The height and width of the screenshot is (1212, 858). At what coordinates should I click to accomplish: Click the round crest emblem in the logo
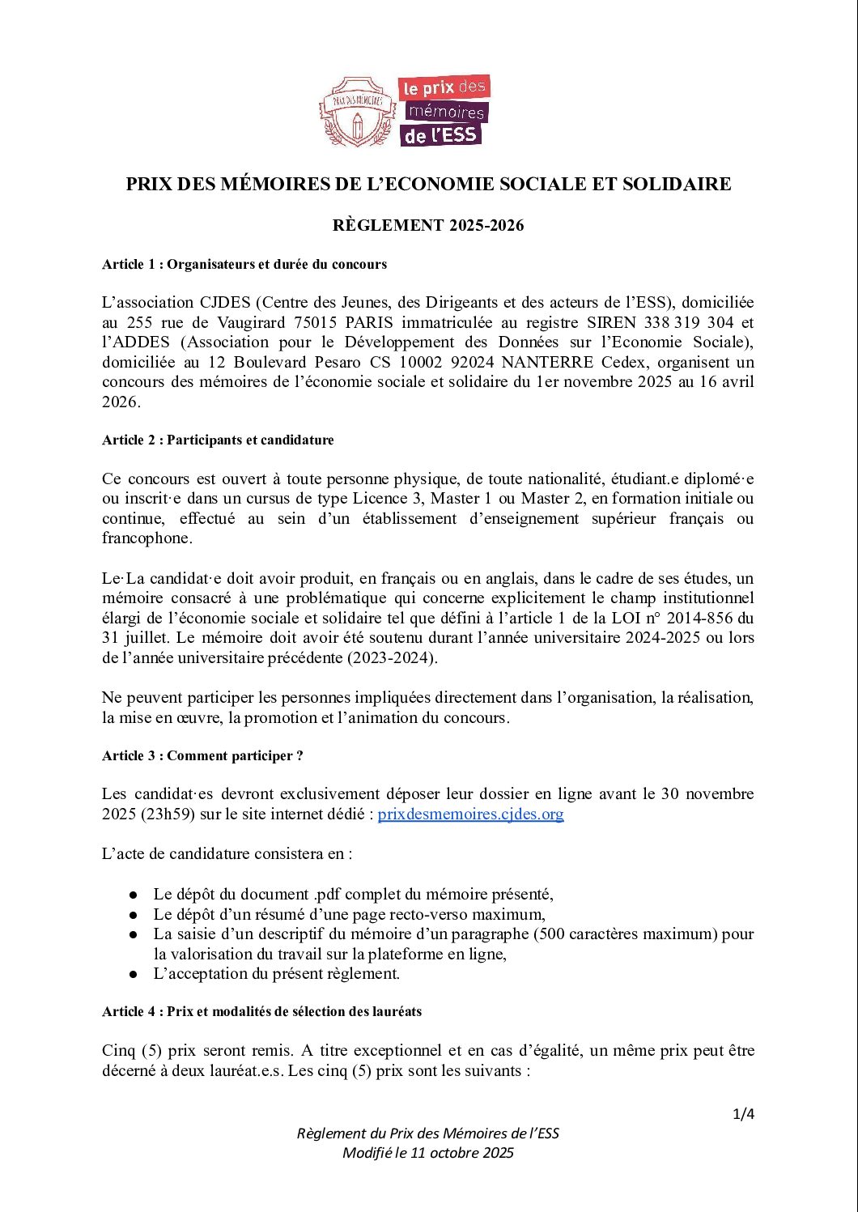coord(357,113)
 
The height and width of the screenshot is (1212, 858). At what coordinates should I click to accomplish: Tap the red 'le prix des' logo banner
coord(444,87)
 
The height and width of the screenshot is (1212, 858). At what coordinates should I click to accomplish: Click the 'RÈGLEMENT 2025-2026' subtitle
coord(428,226)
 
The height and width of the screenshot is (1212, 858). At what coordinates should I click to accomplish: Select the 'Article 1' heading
coord(244,264)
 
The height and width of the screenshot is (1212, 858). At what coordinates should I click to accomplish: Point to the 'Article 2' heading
coord(218,440)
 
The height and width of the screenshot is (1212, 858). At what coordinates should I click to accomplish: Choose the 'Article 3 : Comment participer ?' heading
coord(202,755)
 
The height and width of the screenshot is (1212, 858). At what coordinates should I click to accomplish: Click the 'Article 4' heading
coord(261,1011)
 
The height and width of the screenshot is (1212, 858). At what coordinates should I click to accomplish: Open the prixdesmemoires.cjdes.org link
coord(470,814)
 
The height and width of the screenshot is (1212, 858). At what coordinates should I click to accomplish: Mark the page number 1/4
coord(743,1114)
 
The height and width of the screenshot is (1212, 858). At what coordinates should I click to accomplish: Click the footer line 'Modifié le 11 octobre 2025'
coord(428,1153)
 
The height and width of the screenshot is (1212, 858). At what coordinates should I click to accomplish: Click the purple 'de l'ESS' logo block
coord(440,134)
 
